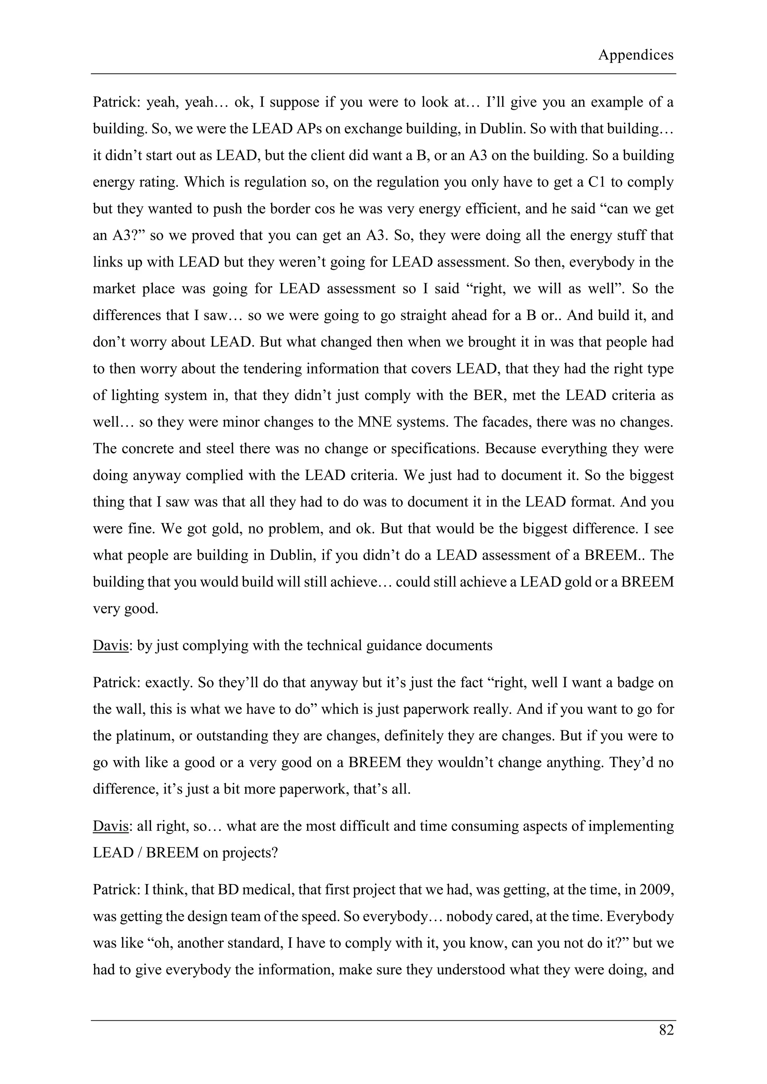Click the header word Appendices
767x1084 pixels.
[x=636, y=55]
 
